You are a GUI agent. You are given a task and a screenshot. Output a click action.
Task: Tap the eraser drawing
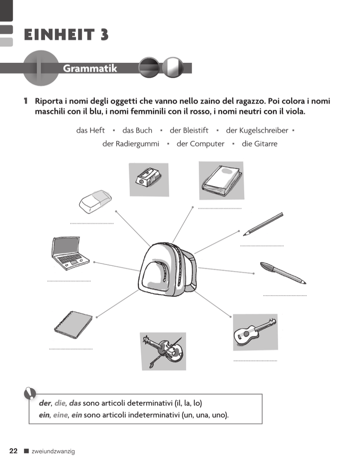click(95, 202)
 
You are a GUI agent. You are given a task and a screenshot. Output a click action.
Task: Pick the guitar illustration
click(255, 331)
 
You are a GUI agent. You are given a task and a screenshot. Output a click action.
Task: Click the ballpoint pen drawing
click(283, 273)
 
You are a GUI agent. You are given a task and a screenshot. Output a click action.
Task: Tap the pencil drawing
click(264, 224)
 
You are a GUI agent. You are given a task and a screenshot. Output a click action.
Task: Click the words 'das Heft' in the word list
click(90, 130)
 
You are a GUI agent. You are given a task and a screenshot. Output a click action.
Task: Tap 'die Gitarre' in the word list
click(259, 144)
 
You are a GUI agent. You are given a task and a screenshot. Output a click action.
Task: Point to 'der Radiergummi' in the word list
click(131, 144)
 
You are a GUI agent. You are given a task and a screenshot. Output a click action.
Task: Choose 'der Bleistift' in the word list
click(189, 130)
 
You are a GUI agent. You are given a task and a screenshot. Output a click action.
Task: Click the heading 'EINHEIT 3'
click(65, 35)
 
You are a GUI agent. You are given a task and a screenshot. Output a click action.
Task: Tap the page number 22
click(14, 451)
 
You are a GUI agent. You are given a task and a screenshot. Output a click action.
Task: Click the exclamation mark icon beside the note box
click(31, 393)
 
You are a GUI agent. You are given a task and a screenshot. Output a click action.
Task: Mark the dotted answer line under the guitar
click(255, 361)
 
